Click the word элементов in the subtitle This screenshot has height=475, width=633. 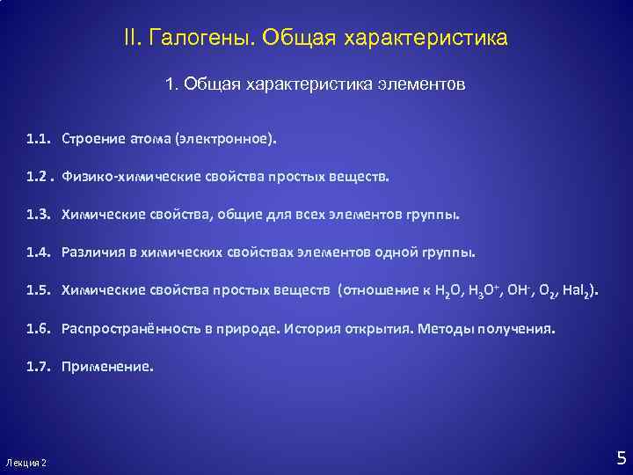pos(421,85)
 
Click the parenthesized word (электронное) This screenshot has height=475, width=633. pos(224,139)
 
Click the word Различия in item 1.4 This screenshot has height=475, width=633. pos(91,252)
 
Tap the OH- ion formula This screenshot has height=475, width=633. pos(526,290)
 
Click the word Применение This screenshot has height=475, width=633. pos(106,368)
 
